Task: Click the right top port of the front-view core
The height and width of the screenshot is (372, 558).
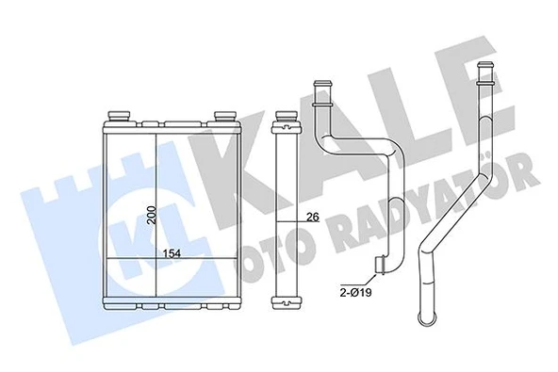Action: pos(224,116)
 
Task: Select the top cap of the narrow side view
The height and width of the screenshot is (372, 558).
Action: pos(285,121)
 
